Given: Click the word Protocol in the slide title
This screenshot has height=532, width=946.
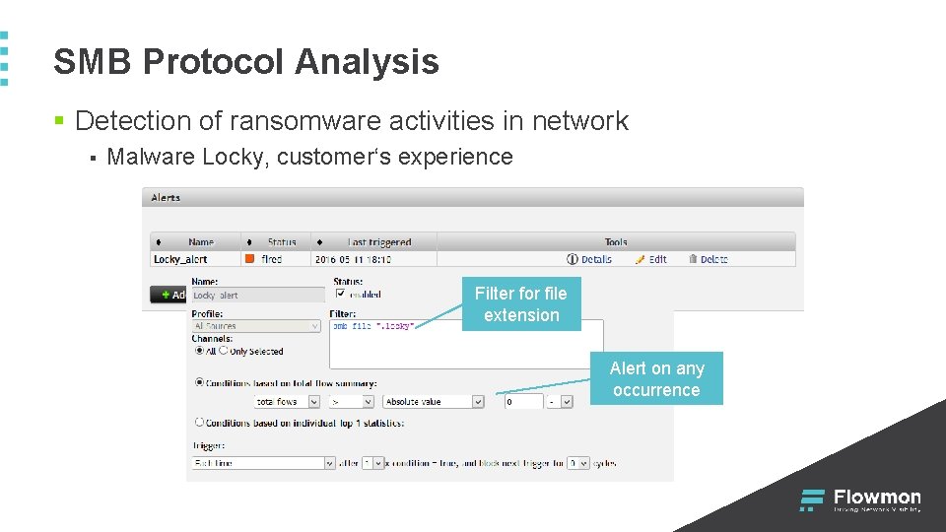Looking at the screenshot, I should coord(212,62).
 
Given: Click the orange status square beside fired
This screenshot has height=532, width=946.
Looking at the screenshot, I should coord(249,259).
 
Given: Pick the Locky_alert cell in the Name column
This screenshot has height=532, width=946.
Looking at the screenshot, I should coord(180,259).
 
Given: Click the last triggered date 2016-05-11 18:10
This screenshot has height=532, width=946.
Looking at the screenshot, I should coord(353,259).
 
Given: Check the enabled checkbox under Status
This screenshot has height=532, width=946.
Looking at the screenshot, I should coord(341,294).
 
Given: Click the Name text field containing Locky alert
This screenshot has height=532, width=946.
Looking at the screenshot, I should coord(257,296).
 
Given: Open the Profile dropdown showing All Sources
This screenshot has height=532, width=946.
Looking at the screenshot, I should coord(257,326).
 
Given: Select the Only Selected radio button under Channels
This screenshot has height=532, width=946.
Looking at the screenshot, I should coord(224,351).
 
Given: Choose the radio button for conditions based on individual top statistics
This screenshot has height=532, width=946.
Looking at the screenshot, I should coord(200,423).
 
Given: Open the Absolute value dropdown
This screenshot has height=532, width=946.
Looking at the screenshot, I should coord(434,402).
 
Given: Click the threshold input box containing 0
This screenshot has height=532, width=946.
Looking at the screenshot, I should coord(523,402).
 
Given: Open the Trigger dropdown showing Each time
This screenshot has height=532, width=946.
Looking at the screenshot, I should coord(264,463).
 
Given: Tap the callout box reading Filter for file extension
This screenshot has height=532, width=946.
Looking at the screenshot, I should coord(521,304).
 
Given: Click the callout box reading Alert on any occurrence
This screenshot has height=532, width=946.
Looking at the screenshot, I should coord(656,379).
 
